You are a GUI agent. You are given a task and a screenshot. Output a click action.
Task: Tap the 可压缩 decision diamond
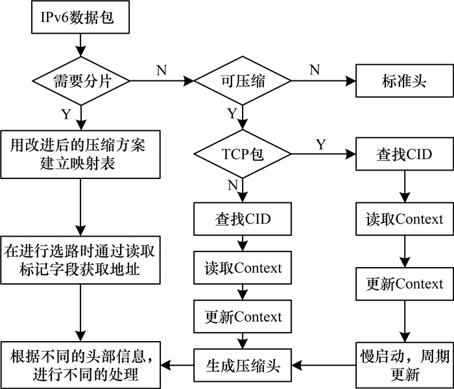pyautogui.click(x=241, y=82)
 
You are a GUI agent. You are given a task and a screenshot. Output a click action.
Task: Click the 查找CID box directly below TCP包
pyautogui.click(x=241, y=219)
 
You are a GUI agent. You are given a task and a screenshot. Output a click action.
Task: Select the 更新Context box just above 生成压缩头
pyautogui.click(x=243, y=317)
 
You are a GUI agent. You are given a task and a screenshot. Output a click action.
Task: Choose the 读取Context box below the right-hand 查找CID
pyautogui.click(x=405, y=219)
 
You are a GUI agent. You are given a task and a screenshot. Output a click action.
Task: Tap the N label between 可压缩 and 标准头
pyautogui.click(x=314, y=68)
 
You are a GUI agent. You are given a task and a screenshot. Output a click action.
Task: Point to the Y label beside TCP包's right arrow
pyautogui.click(x=320, y=143)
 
